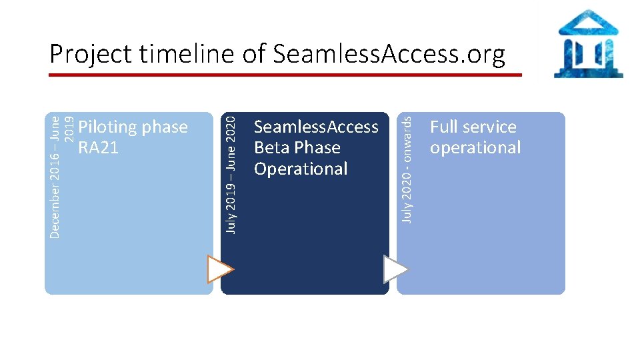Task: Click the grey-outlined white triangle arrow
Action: tap(395, 269)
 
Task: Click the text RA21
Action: tap(98, 148)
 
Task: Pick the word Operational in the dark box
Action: tap(301, 169)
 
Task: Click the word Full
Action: tap(445, 127)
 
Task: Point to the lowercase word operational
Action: tap(475, 148)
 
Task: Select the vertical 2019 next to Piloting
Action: tap(69, 131)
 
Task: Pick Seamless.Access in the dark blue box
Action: tap(316, 127)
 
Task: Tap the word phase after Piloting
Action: tap(165, 127)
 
